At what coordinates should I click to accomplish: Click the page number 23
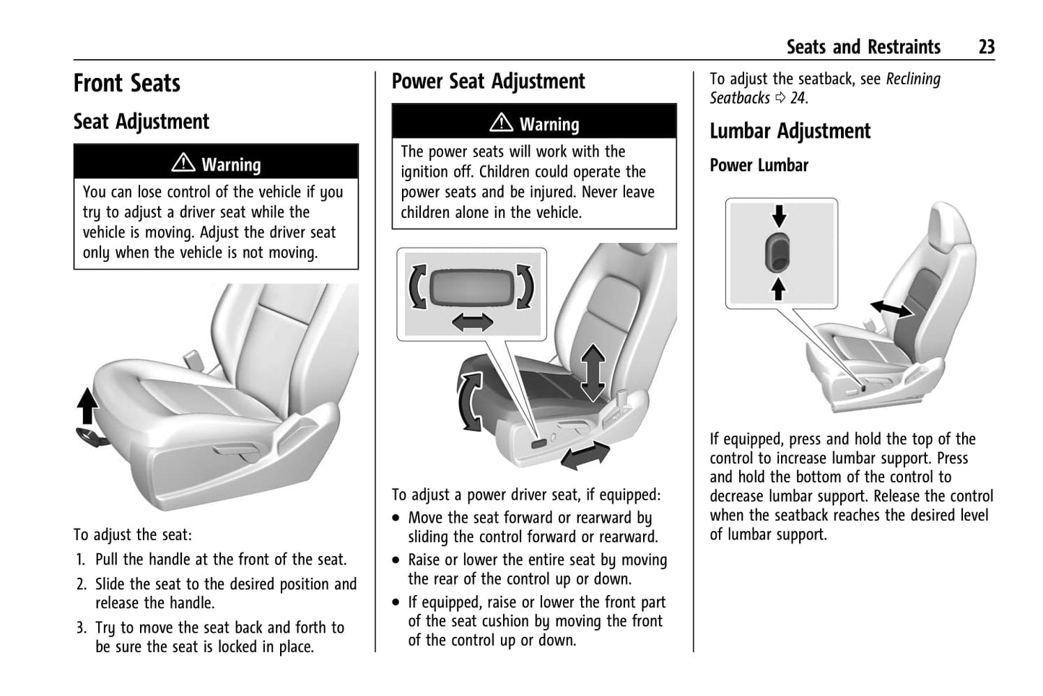[986, 47]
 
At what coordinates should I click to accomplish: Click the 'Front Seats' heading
[127, 83]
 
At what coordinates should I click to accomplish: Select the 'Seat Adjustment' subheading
[141, 121]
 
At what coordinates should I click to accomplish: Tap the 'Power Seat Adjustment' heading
[488, 81]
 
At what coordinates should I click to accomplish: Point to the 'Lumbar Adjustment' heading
[790, 131]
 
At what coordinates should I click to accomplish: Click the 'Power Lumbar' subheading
[759, 165]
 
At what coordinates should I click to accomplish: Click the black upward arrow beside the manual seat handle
[87, 405]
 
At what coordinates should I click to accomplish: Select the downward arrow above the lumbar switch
[779, 215]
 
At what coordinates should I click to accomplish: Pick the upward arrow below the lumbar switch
[779, 288]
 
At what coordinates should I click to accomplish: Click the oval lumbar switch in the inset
[779, 252]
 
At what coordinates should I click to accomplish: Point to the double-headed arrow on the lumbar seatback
[891, 309]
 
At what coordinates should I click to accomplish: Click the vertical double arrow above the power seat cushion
[593, 372]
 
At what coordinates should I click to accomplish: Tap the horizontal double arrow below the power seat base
[585, 457]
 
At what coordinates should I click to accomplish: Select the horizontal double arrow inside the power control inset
[473, 322]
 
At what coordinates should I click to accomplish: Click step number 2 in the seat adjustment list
[82, 584]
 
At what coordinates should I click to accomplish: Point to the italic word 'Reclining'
[913, 79]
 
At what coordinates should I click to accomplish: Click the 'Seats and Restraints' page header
[863, 47]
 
